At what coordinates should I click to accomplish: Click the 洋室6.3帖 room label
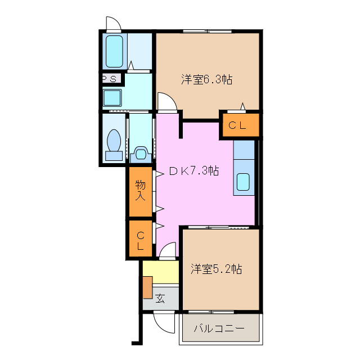pyautogui.click(x=207, y=80)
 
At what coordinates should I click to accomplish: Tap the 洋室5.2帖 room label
pyautogui.click(x=215, y=269)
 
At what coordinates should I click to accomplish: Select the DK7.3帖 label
pyautogui.click(x=194, y=171)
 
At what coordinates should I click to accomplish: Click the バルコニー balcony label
pyautogui.click(x=219, y=328)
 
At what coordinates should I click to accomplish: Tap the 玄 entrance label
pyautogui.click(x=160, y=299)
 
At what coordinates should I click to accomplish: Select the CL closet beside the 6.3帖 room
pyautogui.click(x=240, y=125)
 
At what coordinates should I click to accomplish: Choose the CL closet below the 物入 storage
pyautogui.click(x=140, y=240)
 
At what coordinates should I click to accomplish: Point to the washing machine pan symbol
pyautogui.click(x=141, y=152)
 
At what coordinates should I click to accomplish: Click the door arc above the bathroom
pyautogui.click(x=112, y=24)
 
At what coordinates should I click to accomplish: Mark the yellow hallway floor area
pyautogui.click(x=160, y=273)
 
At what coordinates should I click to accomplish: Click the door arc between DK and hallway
pyautogui.click(x=168, y=253)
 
